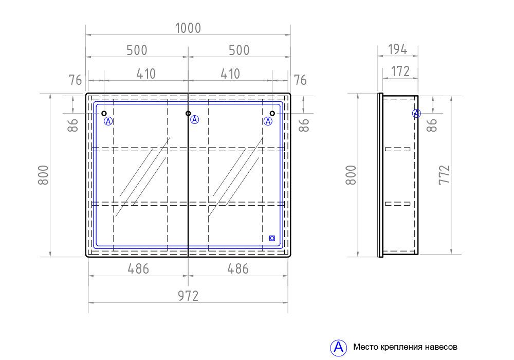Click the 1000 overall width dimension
[x=188, y=28]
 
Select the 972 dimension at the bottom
[x=188, y=296]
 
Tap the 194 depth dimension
[x=398, y=49]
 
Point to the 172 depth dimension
[x=400, y=71]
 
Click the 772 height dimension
[x=445, y=175]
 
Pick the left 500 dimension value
[x=137, y=50]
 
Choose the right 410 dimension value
[x=230, y=74]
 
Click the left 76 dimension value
[x=75, y=80]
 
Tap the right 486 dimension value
[x=238, y=269]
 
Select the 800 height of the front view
[x=43, y=175]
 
